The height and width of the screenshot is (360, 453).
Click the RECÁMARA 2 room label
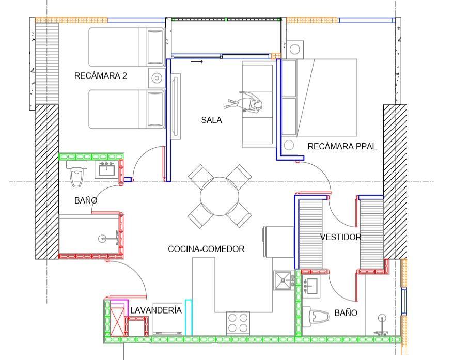pos(101,76)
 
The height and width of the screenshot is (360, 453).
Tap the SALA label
pos(211,120)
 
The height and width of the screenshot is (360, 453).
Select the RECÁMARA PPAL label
pos(342,146)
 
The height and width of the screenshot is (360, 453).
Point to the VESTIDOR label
pos(340,237)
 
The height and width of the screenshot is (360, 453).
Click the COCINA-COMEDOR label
pos(206,249)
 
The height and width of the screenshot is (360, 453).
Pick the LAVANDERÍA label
pos(156,310)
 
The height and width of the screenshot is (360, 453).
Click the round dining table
pos(220,196)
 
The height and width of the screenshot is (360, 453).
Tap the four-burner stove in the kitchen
pos(238,323)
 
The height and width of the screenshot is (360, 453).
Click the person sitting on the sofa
pos(244,103)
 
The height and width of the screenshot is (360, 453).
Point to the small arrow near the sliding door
pos(197,61)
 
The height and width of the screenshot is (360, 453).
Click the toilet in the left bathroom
pos(77,174)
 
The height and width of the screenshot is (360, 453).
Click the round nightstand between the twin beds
pos(157,78)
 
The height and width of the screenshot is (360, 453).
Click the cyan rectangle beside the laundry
pos(189,318)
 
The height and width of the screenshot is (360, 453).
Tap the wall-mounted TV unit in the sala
pos(176,106)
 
